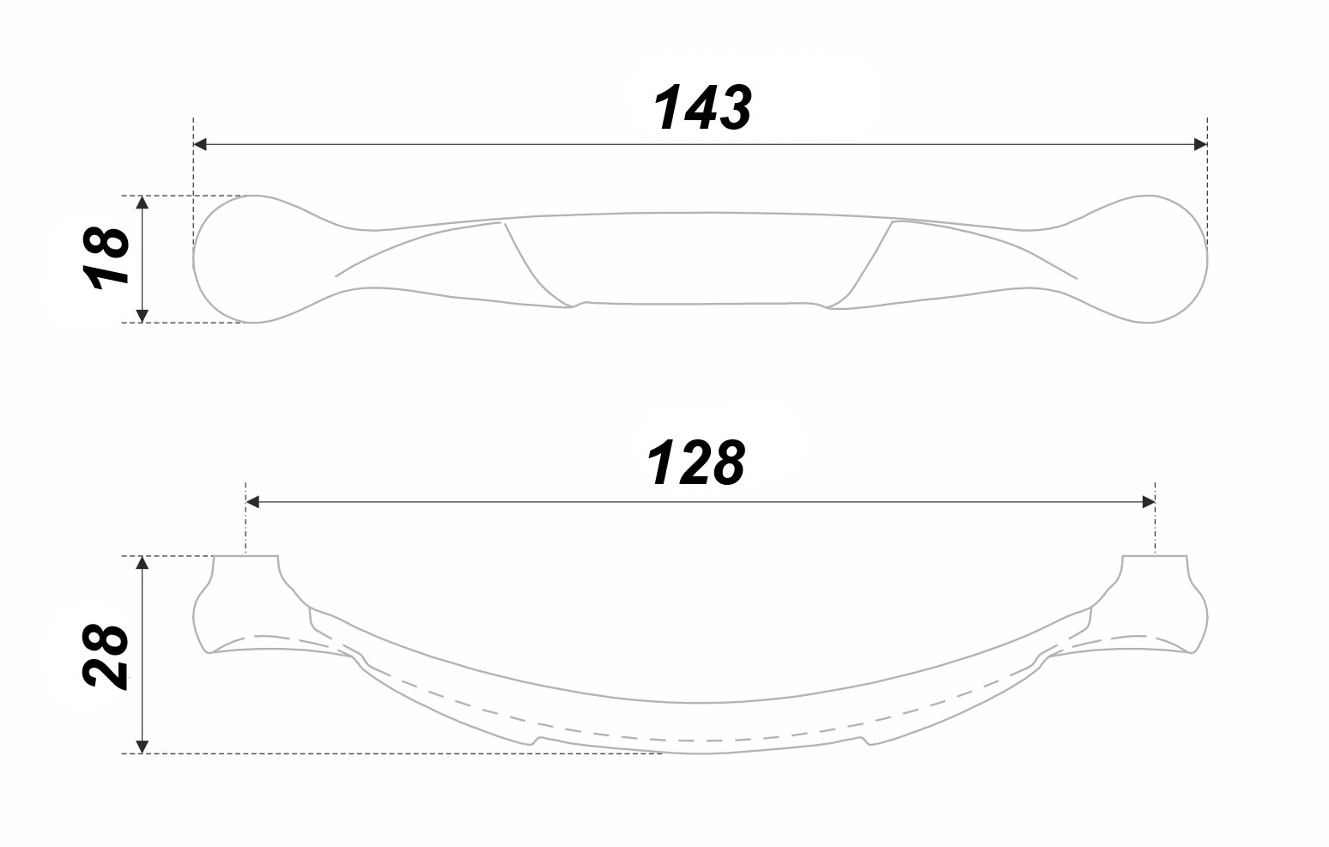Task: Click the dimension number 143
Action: tap(702, 107)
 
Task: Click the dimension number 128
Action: tap(695, 463)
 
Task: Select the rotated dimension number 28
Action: tap(106, 656)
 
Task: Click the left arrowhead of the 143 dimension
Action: tap(201, 144)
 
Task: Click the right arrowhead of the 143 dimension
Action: tap(1200, 144)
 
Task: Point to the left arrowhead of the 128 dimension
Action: tap(252, 502)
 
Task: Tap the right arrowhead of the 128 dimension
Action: tap(1148, 502)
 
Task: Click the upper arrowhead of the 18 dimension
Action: tap(142, 203)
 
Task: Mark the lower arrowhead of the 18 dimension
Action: tap(142, 316)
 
